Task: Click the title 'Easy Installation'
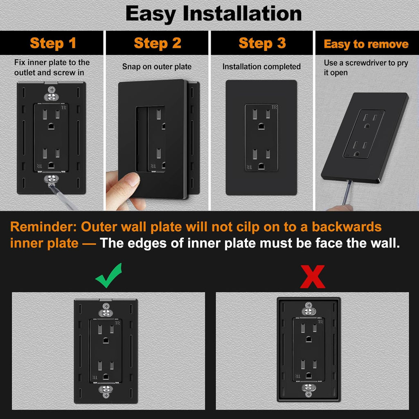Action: (213, 14)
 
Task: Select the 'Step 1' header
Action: (53, 43)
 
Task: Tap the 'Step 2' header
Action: (158, 43)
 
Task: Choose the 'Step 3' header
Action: (262, 43)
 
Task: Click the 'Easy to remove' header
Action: (366, 44)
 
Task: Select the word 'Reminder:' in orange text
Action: (43, 227)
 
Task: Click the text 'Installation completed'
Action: (261, 66)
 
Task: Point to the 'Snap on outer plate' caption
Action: (157, 66)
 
